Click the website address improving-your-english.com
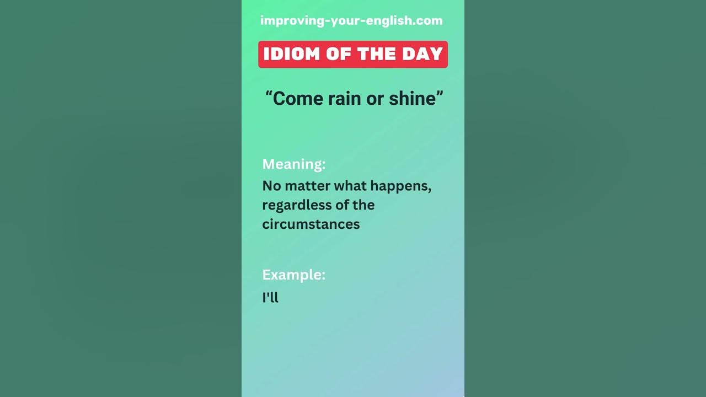click(x=351, y=21)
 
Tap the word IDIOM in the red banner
click(x=292, y=54)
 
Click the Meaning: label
click(x=293, y=164)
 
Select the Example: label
click(x=293, y=275)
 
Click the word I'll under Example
click(x=270, y=298)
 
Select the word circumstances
click(x=311, y=224)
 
